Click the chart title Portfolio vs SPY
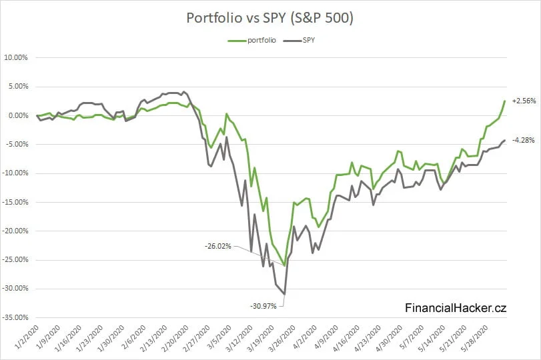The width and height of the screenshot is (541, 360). coord(269,19)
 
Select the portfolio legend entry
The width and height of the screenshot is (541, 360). coord(257,41)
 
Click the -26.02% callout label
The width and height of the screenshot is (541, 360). coord(219,246)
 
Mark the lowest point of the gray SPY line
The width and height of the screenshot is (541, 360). coord(285,294)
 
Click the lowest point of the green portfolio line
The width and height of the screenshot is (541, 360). coord(285,265)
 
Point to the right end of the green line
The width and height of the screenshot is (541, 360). coord(504,101)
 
